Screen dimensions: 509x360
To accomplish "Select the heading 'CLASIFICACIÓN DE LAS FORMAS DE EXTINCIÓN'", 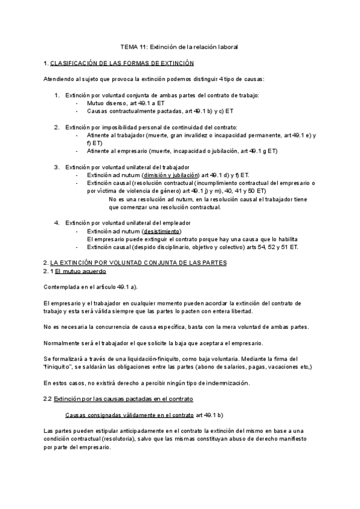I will pyautogui.click(x=122, y=62).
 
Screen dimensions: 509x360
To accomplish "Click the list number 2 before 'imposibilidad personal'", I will pyautogui.click(x=57, y=127).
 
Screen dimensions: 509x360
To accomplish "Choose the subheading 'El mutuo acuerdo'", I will pyautogui.click(x=80, y=271).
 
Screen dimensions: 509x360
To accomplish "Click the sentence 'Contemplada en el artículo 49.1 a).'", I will pyautogui.click(x=91, y=288).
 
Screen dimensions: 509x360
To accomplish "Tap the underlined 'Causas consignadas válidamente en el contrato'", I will pyautogui.click(x=129, y=415).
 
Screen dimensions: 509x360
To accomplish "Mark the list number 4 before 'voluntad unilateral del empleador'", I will pyautogui.click(x=57, y=223).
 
